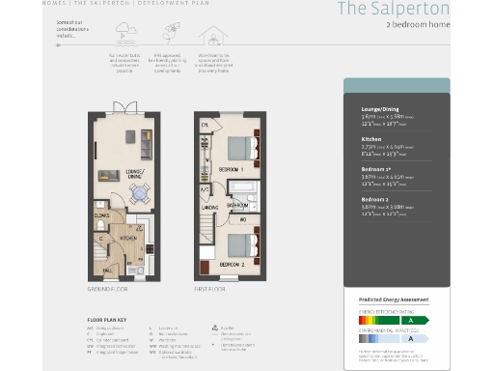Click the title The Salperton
pos(392,9)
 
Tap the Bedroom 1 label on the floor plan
pos(229,169)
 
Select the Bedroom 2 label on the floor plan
pos(231,264)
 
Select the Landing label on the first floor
pos(207,205)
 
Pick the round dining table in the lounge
pos(141,192)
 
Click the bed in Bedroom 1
pos(239,147)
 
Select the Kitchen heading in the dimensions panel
pos(370,138)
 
